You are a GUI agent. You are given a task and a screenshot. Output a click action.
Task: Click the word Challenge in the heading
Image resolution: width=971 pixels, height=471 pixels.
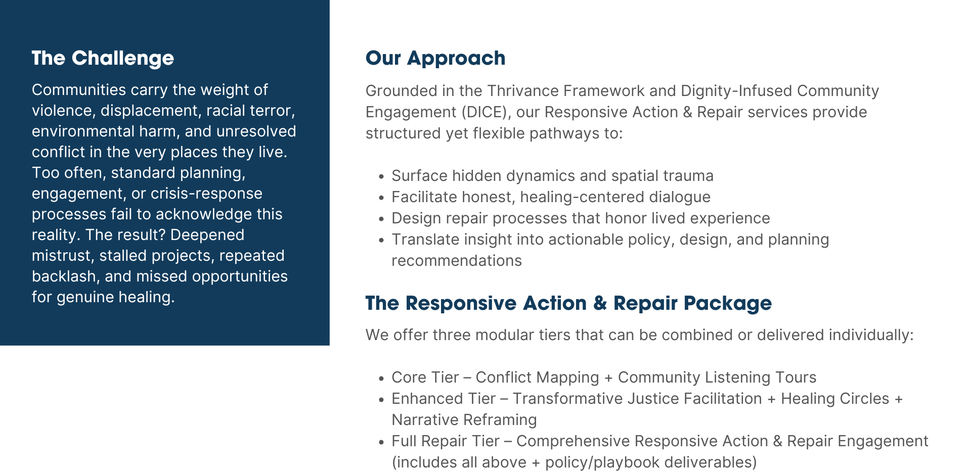(x=122, y=59)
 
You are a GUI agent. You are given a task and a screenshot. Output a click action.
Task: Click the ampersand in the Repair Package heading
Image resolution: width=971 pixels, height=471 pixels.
(x=600, y=303)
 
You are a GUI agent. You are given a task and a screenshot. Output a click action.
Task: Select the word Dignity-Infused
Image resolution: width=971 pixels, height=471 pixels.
(x=736, y=91)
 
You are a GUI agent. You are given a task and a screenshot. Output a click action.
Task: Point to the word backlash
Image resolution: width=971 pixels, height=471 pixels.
(x=64, y=276)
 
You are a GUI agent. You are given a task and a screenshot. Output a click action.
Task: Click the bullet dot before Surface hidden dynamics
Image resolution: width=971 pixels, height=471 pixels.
(x=381, y=177)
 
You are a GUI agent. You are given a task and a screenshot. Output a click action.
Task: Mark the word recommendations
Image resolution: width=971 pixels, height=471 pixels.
(x=456, y=261)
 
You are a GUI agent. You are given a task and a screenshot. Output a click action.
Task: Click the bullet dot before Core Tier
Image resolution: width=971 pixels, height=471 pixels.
(x=381, y=379)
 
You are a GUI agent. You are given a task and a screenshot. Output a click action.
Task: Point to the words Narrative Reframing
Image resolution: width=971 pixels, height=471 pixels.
(x=464, y=420)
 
